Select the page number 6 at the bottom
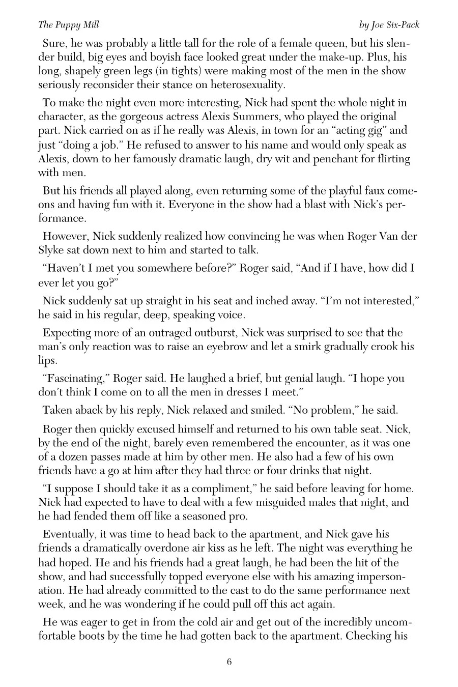[x=229, y=662]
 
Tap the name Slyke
[x=53, y=250]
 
